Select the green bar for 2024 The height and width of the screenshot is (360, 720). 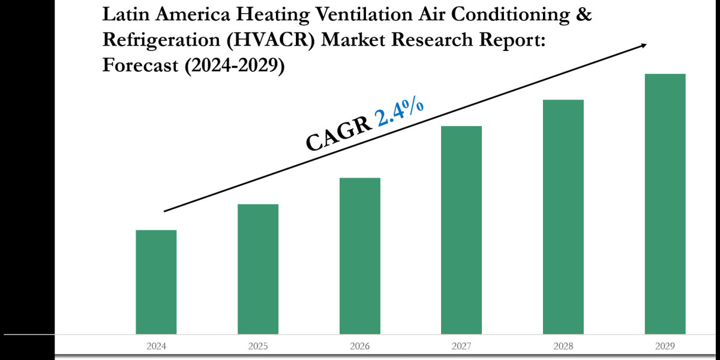point(156,282)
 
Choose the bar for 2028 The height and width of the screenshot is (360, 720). point(563,217)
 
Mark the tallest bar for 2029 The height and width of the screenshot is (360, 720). point(665,204)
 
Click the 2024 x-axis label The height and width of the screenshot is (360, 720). point(156,346)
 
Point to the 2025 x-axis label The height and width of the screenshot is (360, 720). point(258,346)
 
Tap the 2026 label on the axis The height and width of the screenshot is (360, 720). point(360,346)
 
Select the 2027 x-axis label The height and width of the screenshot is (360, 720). point(461,346)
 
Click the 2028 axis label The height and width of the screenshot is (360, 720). point(563,346)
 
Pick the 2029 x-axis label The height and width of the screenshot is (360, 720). point(665,346)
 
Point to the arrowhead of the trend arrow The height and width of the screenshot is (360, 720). point(643,44)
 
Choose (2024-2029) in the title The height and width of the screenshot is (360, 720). point(233,65)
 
